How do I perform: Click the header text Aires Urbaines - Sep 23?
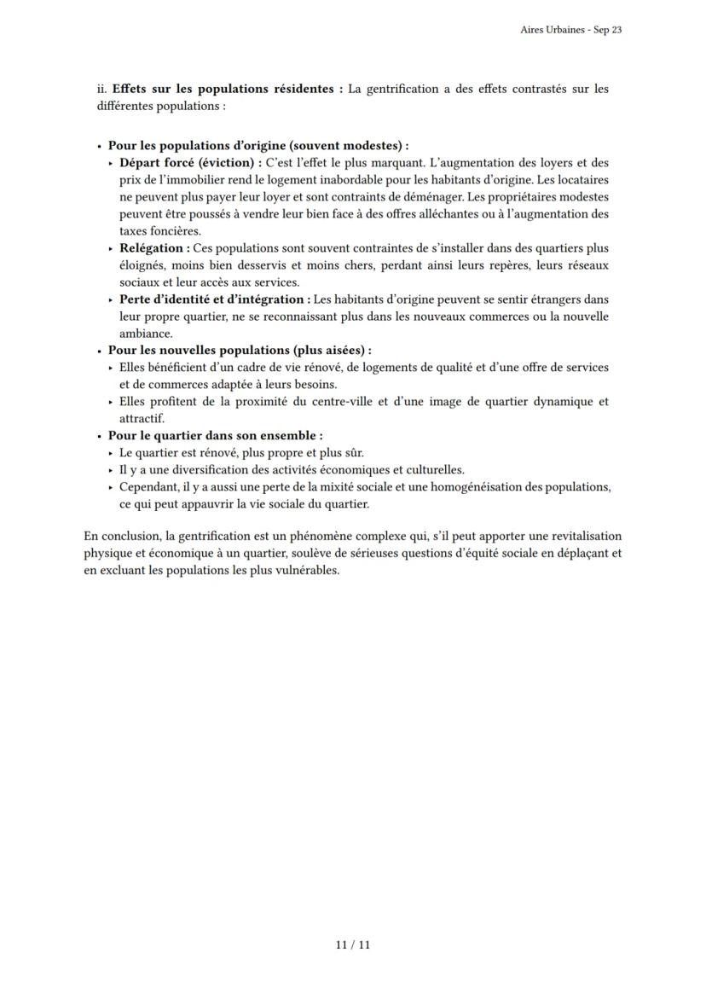point(570,30)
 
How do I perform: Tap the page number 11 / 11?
point(353,944)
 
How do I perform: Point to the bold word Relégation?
point(153,248)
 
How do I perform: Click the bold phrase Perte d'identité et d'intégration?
point(213,299)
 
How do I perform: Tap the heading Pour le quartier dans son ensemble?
point(214,436)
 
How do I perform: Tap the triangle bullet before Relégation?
point(112,248)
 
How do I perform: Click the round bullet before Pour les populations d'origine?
point(100,146)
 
